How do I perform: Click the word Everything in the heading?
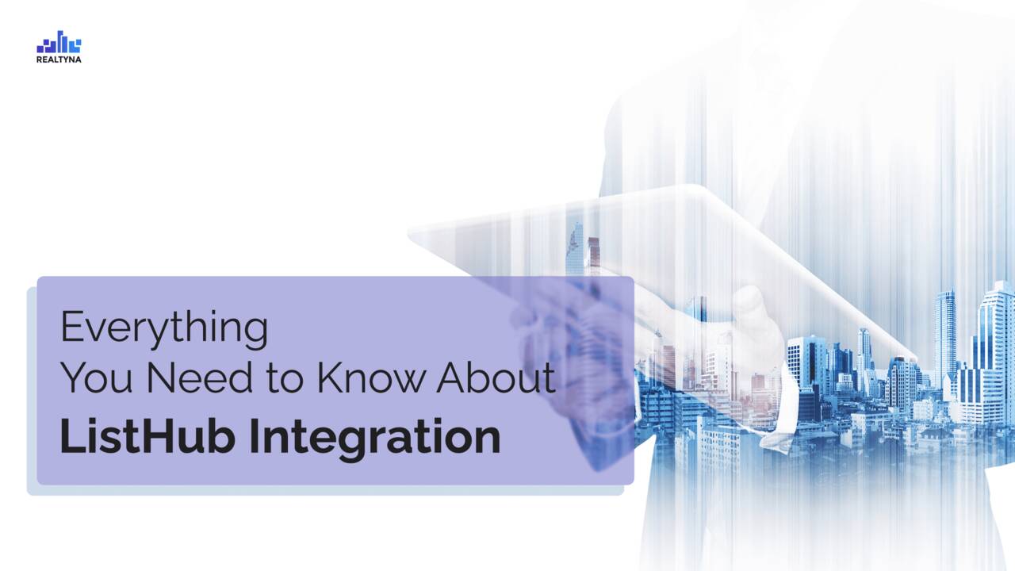[164, 328]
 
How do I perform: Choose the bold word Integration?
[375, 439]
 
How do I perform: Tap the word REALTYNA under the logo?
[59, 59]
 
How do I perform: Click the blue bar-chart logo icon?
[59, 42]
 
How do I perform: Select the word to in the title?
[284, 378]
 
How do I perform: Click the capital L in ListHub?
[71, 437]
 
